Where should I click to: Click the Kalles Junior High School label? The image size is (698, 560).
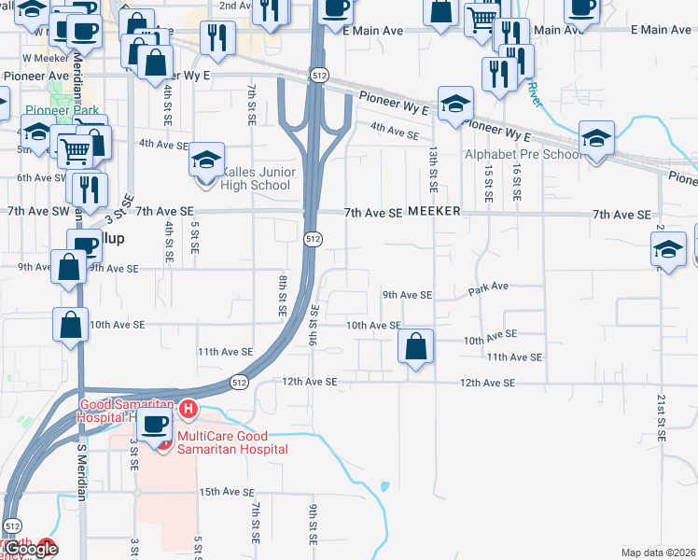click(257, 178)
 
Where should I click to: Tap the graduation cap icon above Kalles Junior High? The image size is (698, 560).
click(206, 160)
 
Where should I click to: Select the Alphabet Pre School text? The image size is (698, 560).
click(523, 155)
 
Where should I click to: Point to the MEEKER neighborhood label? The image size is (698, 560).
click(433, 212)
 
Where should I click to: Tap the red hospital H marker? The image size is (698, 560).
click(188, 409)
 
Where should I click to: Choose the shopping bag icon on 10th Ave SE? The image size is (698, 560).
click(416, 346)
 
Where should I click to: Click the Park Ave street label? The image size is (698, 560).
click(488, 287)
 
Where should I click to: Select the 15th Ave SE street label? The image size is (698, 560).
click(227, 492)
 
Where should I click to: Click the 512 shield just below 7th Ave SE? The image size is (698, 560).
click(314, 240)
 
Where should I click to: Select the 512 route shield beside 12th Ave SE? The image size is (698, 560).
click(240, 382)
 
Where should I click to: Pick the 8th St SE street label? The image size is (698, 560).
click(282, 295)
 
